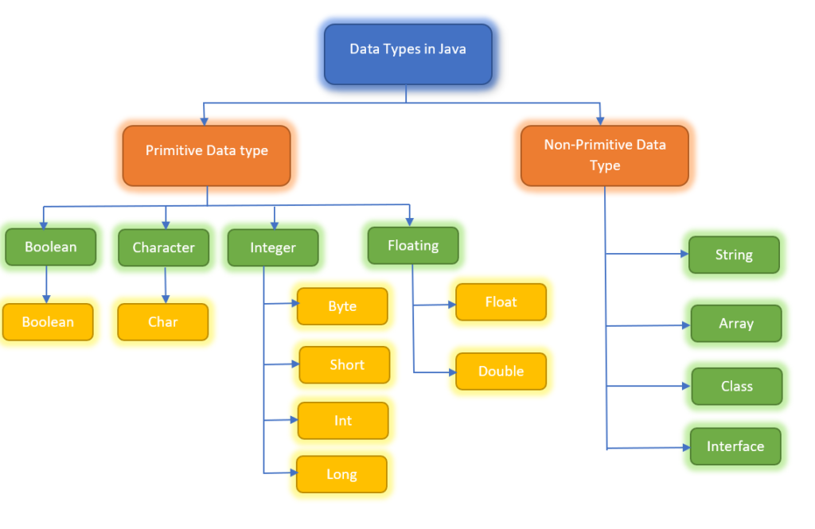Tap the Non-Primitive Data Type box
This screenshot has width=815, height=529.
[604, 155]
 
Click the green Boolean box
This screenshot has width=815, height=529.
[50, 247]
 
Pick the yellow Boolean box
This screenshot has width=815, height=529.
[48, 322]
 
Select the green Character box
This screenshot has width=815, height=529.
[163, 247]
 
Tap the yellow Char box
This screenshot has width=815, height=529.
[163, 322]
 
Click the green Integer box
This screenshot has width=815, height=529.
[273, 247]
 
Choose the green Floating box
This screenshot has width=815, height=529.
[413, 245]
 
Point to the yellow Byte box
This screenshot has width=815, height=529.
[342, 306]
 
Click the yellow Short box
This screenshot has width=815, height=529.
[345, 365]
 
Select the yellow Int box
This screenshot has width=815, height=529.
[343, 421]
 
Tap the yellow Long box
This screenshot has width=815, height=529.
[341, 474]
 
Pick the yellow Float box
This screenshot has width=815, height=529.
[501, 302]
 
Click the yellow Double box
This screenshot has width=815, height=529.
[501, 371]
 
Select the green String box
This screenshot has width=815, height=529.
[734, 255]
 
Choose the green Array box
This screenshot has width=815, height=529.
[736, 324]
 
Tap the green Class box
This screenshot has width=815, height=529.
[736, 386]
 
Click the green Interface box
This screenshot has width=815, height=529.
[735, 446]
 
